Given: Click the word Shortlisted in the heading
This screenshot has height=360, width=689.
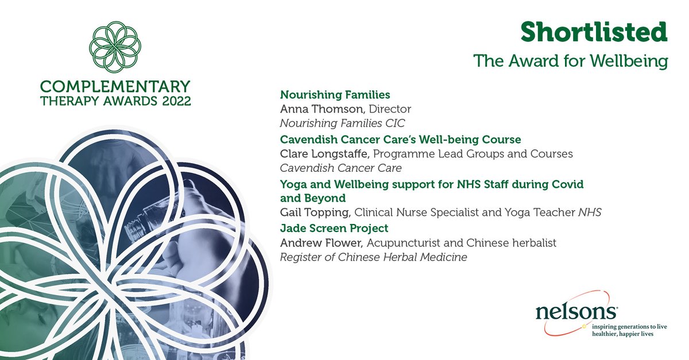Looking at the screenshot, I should coord(594,33).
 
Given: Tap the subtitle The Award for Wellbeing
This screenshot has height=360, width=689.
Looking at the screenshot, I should coord(570,61).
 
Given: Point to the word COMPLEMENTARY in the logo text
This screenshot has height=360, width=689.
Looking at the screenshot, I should coord(114,87).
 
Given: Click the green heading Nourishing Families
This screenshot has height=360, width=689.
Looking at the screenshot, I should coord(327,95).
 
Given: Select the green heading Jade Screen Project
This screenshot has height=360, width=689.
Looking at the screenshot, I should coord(326,227).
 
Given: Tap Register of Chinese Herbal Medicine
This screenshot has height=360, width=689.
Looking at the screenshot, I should coord(373,257).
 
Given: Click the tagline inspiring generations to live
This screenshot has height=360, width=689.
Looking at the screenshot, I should coord(630,326).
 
